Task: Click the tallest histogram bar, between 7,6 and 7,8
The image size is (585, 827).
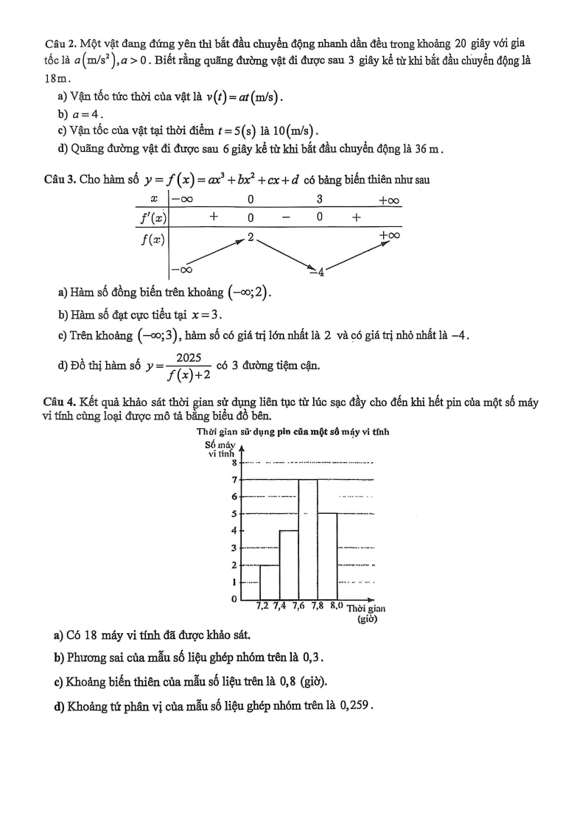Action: click(308, 538)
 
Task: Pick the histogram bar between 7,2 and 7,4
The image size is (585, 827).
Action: click(270, 582)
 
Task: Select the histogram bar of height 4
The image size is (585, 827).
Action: click(289, 564)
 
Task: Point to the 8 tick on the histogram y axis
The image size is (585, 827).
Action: click(234, 463)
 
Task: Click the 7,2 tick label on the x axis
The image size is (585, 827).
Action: click(262, 607)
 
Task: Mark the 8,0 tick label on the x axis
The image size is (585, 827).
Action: click(337, 607)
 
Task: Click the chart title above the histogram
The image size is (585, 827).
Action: click(292, 432)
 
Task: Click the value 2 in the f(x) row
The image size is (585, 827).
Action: click(251, 237)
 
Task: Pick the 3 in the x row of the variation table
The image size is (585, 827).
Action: click(320, 199)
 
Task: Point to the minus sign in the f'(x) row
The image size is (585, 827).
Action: click(285, 217)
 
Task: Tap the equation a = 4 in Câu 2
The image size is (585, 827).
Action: click(86, 114)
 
